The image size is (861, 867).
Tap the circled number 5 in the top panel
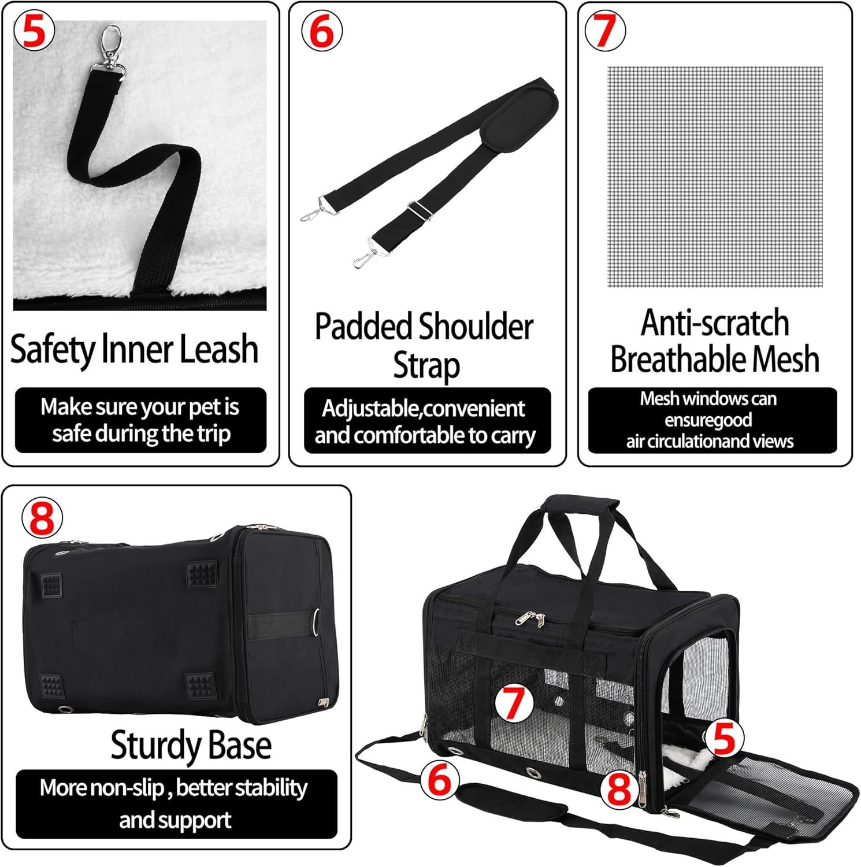[x=34, y=31]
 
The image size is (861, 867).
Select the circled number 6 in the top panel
[x=322, y=31]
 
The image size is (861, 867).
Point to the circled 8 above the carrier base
[x=42, y=518]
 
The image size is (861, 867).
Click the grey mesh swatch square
[x=715, y=177]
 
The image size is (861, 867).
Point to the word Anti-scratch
[x=715, y=323]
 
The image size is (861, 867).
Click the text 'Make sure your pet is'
[x=140, y=407]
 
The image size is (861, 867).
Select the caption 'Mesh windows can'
[x=708, y=399]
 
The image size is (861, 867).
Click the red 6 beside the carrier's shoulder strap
[x=440, y=780]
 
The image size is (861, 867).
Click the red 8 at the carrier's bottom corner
[x=619, y=790]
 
